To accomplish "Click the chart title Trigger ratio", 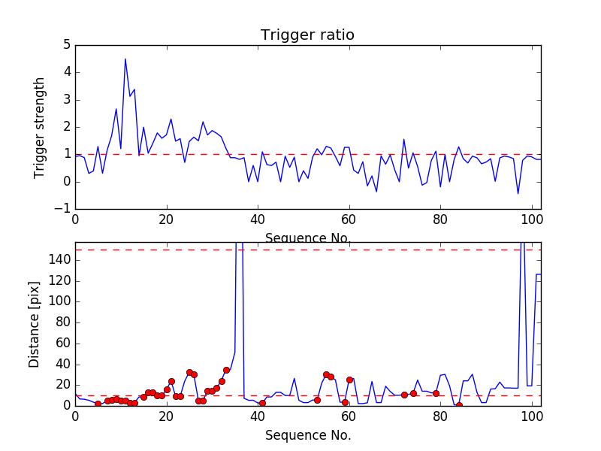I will [307, 35].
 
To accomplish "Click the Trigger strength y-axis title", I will [40, 127].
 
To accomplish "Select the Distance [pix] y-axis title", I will [35, 323].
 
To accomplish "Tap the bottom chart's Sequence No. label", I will [308, 435].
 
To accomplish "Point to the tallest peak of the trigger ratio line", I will [125, 59].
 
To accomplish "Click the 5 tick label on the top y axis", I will [66, 45].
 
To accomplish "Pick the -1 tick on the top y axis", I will [63, 209].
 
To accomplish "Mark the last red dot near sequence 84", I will [459, 405].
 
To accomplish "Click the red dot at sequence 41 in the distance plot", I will [262, 403].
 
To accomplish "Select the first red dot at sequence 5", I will [98, 404].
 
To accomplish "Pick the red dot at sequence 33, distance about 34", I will [226, 370].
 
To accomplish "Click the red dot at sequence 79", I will [436, 393].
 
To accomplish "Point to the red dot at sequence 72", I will [404, 395].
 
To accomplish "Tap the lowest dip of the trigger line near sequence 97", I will [518, 194].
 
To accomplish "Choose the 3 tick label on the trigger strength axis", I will [66, 100].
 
